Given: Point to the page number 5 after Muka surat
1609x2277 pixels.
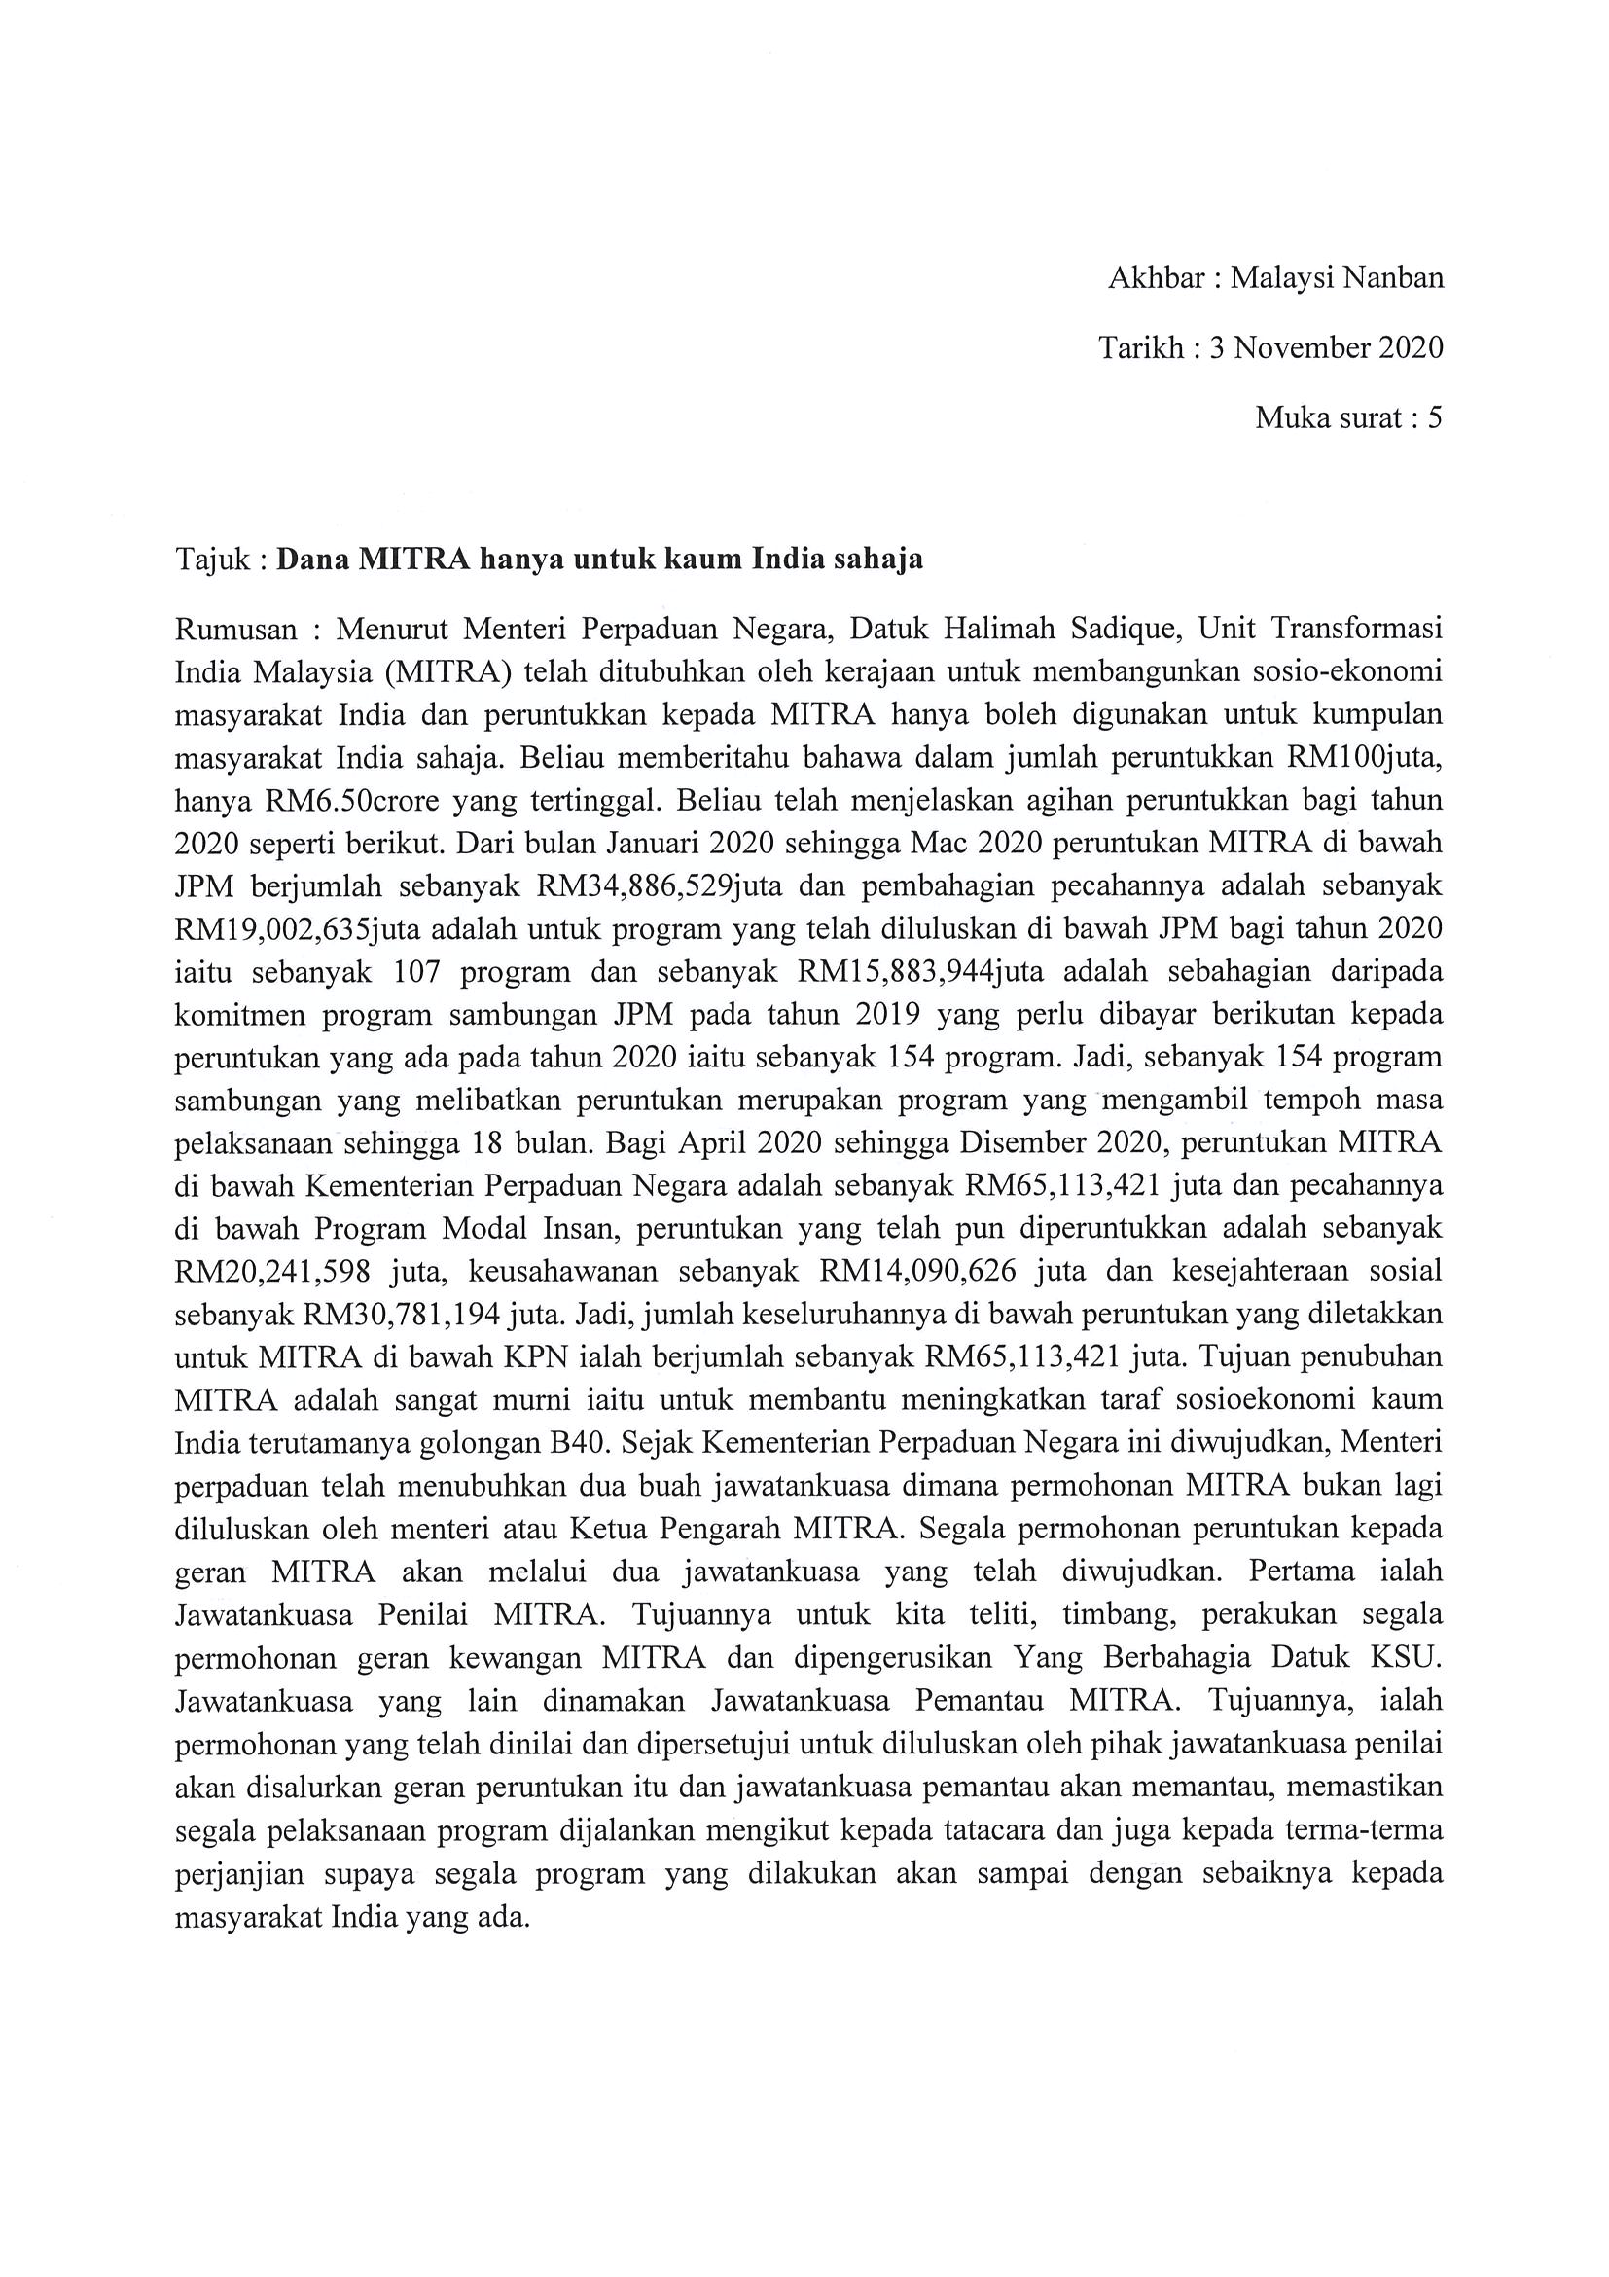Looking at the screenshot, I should [1434, 418].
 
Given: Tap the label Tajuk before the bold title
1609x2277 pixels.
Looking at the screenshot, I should [215, 560].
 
